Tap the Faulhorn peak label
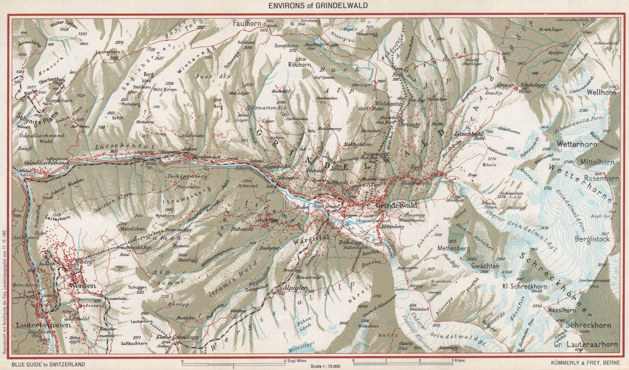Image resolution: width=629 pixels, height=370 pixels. [247, 24]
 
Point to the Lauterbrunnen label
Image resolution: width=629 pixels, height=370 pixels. [44, 325]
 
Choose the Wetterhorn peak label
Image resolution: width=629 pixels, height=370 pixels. [577, 144]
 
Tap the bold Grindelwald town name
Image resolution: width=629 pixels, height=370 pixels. [396, 205]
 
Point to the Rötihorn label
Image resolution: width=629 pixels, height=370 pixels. [299, 65]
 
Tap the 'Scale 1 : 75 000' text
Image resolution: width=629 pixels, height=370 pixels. [318, 366]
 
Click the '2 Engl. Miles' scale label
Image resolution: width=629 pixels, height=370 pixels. [298, 360]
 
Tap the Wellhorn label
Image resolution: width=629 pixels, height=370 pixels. [601, 92]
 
